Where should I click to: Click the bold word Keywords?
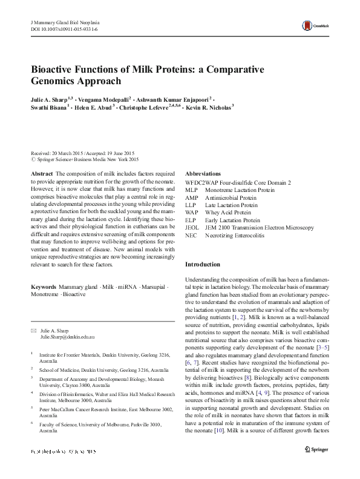44,285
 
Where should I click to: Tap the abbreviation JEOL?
192,228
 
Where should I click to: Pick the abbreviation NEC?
191,235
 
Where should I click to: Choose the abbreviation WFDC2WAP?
201,183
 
